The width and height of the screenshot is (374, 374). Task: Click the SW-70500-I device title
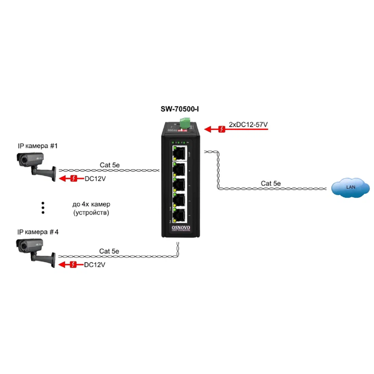point(180,110)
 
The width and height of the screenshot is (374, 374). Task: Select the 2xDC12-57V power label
point(248,125)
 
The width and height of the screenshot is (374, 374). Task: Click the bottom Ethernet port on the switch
point(180,216)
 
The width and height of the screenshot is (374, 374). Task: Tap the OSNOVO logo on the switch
point(180,228)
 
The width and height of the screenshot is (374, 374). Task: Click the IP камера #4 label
point(38,232)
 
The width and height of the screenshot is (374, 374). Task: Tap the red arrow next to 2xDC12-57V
point(216,129)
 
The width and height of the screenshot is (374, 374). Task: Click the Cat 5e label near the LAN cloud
point(271,183)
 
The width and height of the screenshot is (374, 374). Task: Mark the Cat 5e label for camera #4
point(109,251)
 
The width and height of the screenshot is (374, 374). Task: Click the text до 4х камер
point(91,205)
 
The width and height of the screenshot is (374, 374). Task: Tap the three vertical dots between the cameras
point(43,208)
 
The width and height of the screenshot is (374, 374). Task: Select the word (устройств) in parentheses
point(91,213)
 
